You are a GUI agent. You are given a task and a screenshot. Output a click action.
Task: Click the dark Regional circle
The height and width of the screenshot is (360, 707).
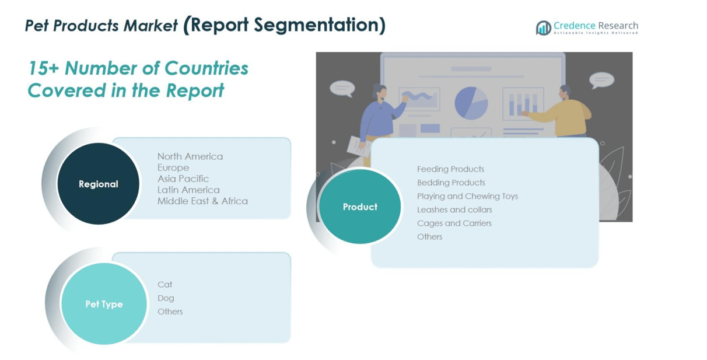tap(98, 183)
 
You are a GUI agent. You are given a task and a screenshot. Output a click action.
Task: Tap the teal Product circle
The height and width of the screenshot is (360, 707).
tap(360, 207)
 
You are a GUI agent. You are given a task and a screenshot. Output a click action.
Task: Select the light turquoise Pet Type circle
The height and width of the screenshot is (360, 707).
tap(104, 304)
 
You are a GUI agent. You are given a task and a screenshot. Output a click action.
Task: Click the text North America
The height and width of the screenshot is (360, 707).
tap(190, 156)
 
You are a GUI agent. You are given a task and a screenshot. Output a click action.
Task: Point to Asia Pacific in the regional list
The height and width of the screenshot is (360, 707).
tap(183, 179)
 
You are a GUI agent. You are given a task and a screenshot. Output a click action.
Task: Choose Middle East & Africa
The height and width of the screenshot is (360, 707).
tap(202, 201)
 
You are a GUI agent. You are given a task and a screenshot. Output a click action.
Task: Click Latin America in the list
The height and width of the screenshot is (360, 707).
tap(188, 190)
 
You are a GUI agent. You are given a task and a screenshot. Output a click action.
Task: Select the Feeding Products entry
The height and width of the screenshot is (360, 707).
tap(450, 169)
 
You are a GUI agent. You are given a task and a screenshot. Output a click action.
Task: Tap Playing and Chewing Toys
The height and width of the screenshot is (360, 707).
tap(467, 196)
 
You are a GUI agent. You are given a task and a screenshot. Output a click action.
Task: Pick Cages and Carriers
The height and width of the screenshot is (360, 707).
tap(454, 223)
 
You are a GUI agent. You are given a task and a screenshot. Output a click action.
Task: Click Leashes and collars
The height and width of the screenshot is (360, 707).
tap(454, 209)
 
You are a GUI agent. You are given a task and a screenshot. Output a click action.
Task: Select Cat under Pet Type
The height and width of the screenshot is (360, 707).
tap(164, 285)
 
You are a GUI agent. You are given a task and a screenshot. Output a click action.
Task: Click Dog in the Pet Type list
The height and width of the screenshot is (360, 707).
tap(166, 298)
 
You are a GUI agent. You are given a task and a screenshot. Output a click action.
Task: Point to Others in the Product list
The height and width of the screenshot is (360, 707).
tap(429, 237)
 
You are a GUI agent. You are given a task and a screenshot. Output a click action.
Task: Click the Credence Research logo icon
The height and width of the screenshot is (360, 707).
tap(544, 28)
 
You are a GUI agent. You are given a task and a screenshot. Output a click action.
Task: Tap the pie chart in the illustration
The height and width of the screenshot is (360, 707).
tap(471, 103)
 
